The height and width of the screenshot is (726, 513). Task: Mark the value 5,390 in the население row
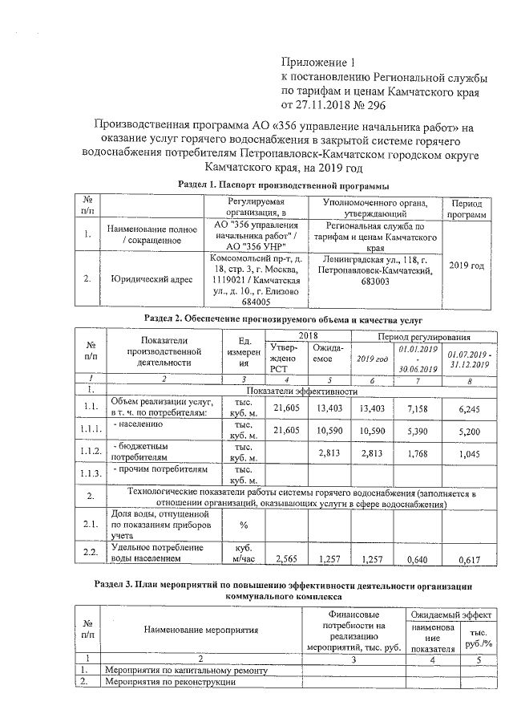420,430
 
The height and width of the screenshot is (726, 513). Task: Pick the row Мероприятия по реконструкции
169,681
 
